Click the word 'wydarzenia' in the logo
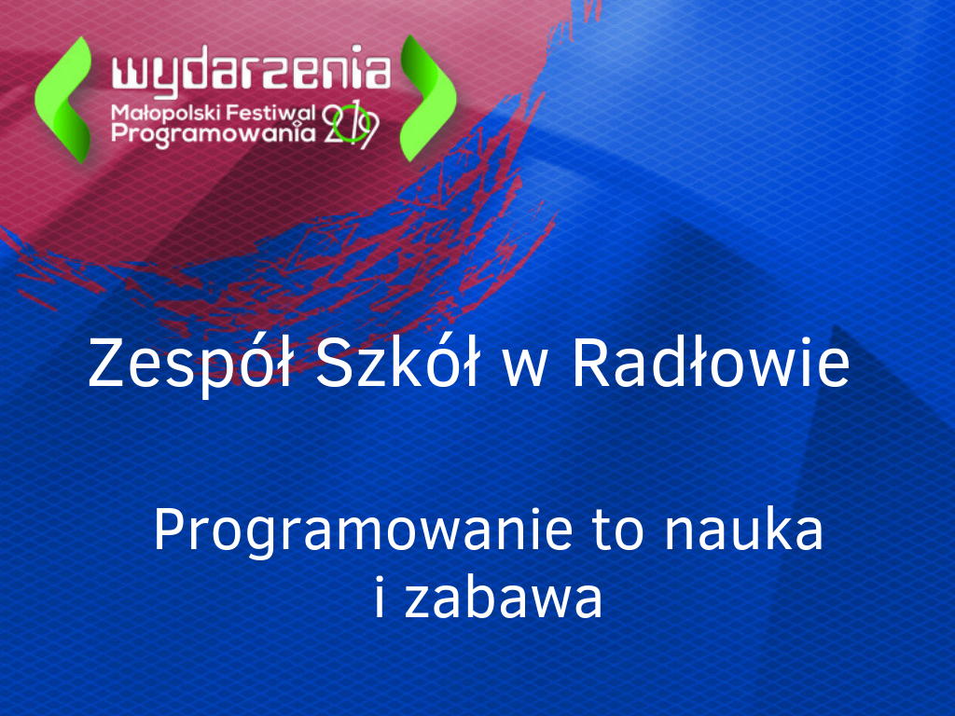pyautogui.click(x=251, y=71)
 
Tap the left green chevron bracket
pyautogui.click(x=63, y=99)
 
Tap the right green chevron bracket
pyautogui.click(x=428, y=98)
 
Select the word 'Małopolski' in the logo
pyautogui.click(x=166, y=113)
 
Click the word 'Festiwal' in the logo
pyautogui.click(x=270, y=113)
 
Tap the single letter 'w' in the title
pyautogui.click(x=524, y=370)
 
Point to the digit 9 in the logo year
pyautogui.click(x=367, y=131)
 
